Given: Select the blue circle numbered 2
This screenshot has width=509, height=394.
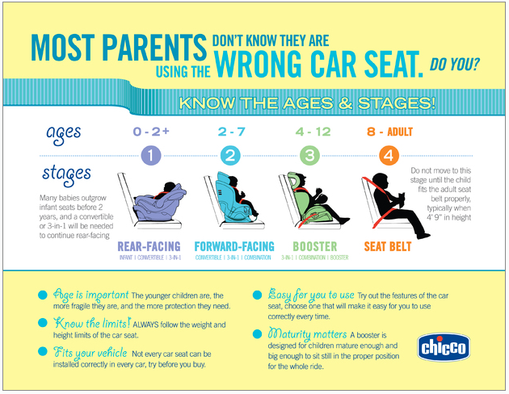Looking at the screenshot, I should (x=231, y=154).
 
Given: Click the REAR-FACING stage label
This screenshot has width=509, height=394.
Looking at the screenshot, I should (x=149, y=246).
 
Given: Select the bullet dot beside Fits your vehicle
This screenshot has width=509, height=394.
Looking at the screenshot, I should (x=41, y=352).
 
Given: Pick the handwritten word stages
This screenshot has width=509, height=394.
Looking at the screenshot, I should (x=66, y=174).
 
